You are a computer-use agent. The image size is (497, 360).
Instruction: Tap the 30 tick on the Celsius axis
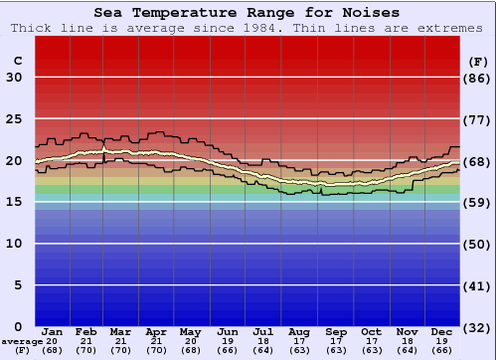pyautogui.click(x=14, y=78)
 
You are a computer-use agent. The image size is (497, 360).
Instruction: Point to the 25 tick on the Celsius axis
pyautogui.click(x=14, y=119)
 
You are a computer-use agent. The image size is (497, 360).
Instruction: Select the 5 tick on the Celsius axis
pyautogui.click(x=18, y=285)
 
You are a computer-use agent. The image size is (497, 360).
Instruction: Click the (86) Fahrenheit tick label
pyautogui.click(x=478, y=78)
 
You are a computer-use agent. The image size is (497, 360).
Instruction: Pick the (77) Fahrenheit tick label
pyautogui.click(x=478, y=119)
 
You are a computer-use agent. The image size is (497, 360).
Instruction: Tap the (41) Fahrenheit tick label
pyautogui.click(x=478, y=285)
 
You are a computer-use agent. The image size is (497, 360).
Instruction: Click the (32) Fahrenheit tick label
pyautogui.click(x=478, y=327)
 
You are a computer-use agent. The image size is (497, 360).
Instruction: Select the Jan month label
pyautogui.click(x=53, y=331)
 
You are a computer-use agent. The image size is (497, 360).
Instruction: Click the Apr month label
pyautogui.click(x=156, y=331)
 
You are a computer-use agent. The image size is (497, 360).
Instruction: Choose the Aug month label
pyautogui.click(x=298, y=331)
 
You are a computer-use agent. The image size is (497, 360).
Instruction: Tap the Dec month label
pyautogui.click(x=442, y=331)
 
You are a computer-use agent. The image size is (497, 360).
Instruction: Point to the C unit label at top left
pyautogui.click(x=17, y=61)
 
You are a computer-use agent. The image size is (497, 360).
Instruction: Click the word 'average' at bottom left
pyautogui.click(x=21, y=341)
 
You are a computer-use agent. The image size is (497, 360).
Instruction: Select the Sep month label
pyautogui.click(x=335, y=331)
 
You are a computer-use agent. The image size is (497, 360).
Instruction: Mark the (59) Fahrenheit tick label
pyautogui.click(x=478, y=203)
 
